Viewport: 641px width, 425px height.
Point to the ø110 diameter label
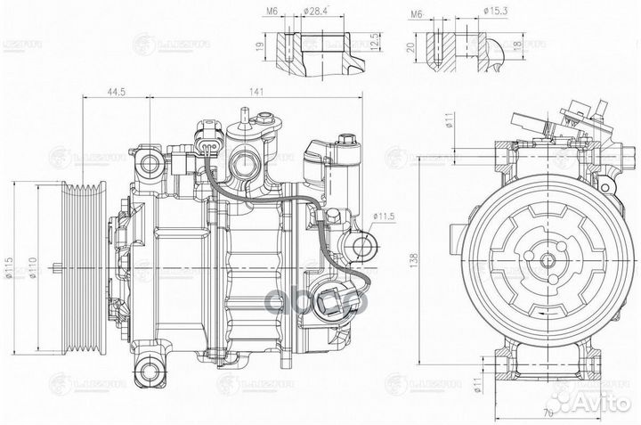[32, 266]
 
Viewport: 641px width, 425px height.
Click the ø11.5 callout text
[384, 216]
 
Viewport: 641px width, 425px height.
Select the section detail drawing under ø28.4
[320, 49]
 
